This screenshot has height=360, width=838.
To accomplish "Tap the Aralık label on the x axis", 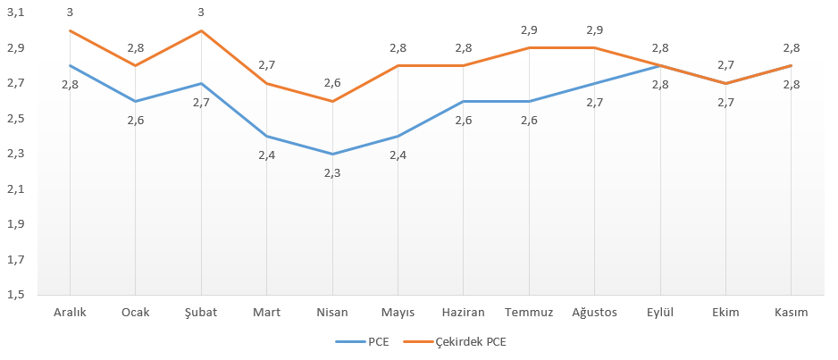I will (x=70, y=312).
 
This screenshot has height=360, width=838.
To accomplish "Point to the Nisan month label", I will (x=332, y=312).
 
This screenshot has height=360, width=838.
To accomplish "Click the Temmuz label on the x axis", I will (x=529, y=312).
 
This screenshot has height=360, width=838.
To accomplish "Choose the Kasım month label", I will (x=792, y=312).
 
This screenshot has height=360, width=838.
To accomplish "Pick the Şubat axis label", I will (x=201, y=312).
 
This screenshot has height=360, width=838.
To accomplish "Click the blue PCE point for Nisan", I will (x=332, y=154).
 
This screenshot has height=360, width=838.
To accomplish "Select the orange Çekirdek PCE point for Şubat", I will (x=201, y=30).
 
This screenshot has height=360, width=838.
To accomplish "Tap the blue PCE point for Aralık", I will (x=70, y=65).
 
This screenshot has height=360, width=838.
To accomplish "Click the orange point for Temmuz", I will (x=529, y=48).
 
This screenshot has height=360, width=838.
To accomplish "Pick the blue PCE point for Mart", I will (x=266, y=136).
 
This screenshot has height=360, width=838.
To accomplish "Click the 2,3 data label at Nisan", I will (x=332, y=172).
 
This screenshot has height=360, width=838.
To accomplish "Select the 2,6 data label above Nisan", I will (x=332, y=83).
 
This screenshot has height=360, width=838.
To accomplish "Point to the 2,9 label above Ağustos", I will (x=595, y=30).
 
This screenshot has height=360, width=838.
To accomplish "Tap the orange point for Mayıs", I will (x=398, y=65).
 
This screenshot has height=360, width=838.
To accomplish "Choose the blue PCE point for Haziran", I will (x=464, y=101).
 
